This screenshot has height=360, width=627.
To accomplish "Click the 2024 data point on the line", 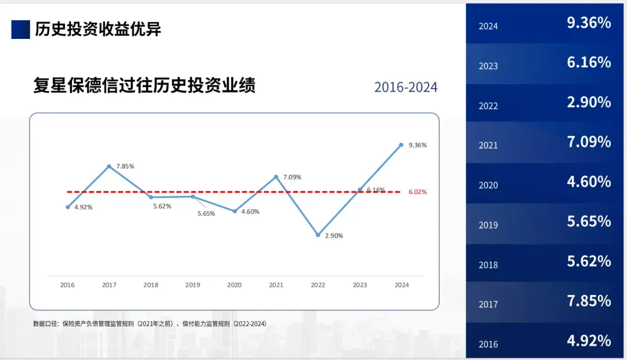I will point(401,145).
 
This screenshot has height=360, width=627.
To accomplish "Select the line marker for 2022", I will point(318,235).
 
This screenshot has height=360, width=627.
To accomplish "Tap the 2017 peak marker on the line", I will point(109,167).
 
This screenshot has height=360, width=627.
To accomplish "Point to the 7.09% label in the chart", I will point(292,177).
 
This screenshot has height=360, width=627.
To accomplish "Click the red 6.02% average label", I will point(417,192).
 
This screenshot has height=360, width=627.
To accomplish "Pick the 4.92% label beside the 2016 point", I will point(83,207).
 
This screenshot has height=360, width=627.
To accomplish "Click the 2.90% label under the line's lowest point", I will point(333,236).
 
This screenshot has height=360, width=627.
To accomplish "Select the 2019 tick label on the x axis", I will point(193,285).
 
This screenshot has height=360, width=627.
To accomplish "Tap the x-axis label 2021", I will point(276,285).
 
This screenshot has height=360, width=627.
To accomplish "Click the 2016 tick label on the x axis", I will point(67,285).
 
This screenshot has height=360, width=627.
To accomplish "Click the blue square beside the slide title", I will point(20,29).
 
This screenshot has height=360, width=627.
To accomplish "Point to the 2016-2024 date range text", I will point(406,88).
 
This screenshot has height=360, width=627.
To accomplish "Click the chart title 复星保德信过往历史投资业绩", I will point(145,86).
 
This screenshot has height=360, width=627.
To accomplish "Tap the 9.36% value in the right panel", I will point(589,23).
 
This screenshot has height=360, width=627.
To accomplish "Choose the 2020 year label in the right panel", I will point(488,185).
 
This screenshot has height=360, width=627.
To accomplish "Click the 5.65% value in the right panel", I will point(589,222).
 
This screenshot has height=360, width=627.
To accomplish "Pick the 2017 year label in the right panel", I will point(488,304).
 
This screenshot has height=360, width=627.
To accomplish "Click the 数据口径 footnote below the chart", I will point(150,323).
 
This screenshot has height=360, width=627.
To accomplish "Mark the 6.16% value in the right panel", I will point(589,63).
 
